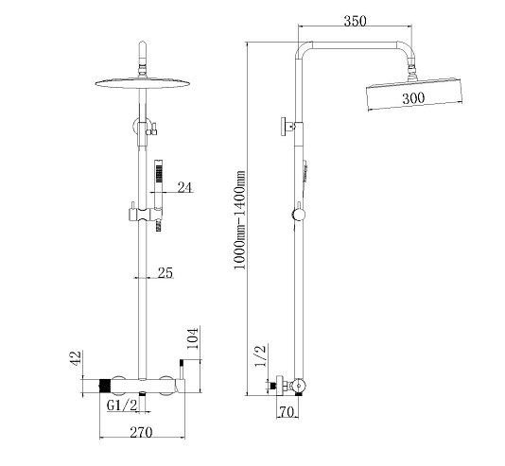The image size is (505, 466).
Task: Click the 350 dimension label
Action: pos(356,21)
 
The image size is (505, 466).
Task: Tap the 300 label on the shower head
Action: pos(413,98)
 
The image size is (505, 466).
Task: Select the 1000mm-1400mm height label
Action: pos(240,220)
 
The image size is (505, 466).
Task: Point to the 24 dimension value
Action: pos(184,187)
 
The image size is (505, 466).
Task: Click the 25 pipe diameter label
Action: pos(165,272)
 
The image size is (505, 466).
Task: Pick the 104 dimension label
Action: pos(192,338)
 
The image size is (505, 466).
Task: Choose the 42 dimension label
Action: pos(76,358)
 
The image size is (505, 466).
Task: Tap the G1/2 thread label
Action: pos(122,406)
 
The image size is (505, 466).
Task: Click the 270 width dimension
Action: pos(141,432)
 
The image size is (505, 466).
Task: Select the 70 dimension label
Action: pos(287,411)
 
